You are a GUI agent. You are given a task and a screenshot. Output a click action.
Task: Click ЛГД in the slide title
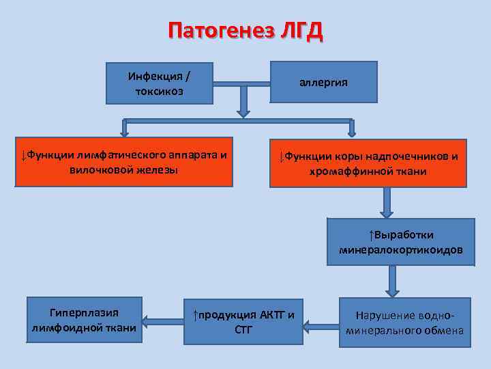tap(297, 31)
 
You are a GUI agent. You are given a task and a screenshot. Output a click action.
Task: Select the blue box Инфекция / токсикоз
tap(159, 83)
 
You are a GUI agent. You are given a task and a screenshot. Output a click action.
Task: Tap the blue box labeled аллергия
tap(324, 82)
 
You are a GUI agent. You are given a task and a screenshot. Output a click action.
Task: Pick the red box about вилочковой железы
tap(123, 162)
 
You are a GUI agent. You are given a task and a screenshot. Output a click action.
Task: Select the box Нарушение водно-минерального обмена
tap(404, 323)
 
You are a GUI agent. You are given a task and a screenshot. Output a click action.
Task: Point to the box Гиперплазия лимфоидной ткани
tap(85, 321)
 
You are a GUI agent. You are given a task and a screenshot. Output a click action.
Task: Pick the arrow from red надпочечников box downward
tap(387, 202)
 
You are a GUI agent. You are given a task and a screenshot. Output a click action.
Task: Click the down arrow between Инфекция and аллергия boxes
tap(242, 103)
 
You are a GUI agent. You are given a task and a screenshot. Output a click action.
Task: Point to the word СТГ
tap(244, 330)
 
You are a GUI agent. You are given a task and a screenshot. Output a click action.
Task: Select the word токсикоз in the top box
tap(159, 92)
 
